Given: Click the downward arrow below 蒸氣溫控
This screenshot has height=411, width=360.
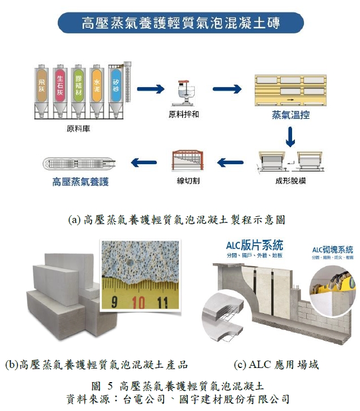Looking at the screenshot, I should (x=290, y=135).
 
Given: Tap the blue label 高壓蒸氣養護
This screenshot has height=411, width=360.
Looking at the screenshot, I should (x=80, y=182).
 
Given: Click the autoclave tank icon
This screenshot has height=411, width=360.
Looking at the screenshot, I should (x=80, y=164).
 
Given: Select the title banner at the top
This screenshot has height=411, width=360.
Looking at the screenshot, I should (x=181, y=23).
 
